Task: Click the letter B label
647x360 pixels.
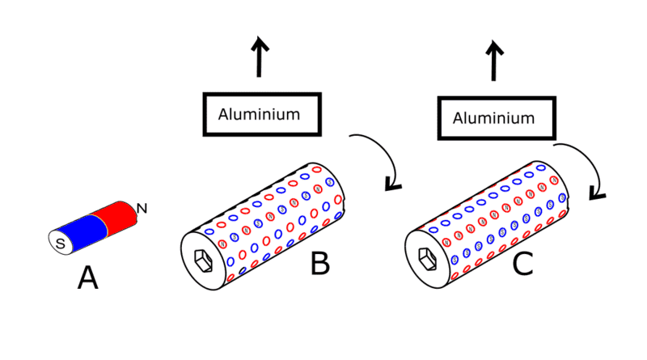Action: [319, 262]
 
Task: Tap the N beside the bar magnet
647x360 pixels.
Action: [142, 210]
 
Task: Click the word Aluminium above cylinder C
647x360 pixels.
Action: [493, 118]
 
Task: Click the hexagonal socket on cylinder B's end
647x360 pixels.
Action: [203, 259]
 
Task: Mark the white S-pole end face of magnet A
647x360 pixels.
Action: [56, 241]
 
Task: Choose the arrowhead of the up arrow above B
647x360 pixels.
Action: [259, 44]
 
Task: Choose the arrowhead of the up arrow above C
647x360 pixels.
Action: [493, 49]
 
